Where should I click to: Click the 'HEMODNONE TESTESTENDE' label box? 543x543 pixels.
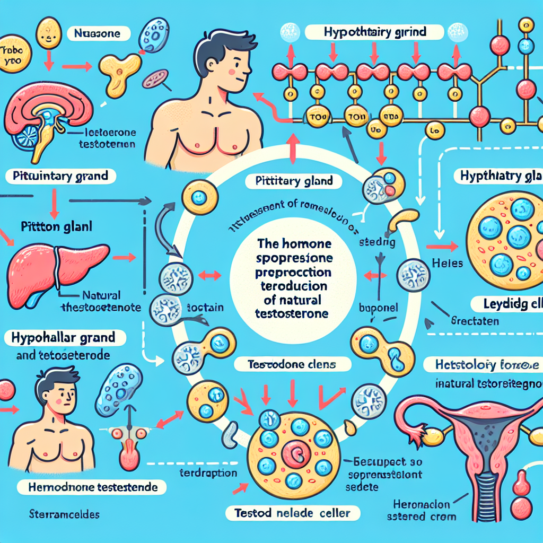[x=91, y=487]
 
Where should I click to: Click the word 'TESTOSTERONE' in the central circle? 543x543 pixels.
[x=292, y=313]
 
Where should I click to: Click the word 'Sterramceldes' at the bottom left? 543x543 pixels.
[x=58, y=514]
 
